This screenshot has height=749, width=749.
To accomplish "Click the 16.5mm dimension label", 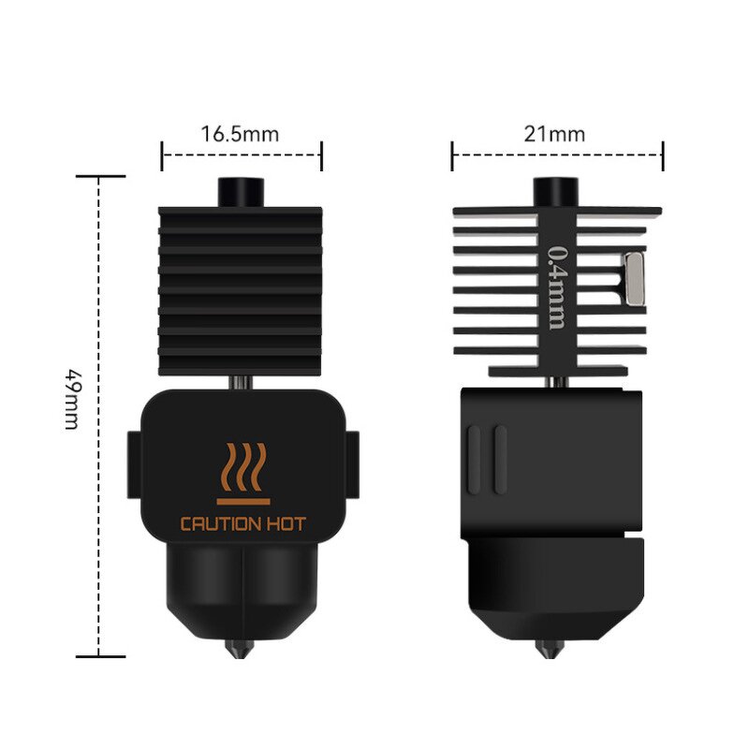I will pyautogui.click(x=240, y=132).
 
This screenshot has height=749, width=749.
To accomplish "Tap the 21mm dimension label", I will pyautogui.click(x=554, y=133).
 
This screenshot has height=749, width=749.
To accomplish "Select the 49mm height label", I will pyautogui.click(x=70, y=397).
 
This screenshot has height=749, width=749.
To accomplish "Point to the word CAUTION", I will pyautogui.click(x=218, y=524).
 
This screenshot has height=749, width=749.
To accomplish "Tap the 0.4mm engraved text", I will pyautogui.click(x=556, y=286).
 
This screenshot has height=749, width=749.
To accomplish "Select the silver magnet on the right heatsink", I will pyautogui.click(x=635, y=277).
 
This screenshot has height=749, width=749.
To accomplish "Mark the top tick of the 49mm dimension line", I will pyautogui.click(x=100, y=176).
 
